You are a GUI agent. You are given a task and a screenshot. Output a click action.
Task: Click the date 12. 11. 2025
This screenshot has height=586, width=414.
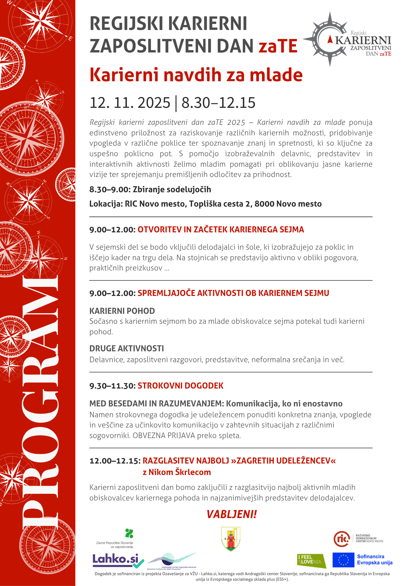click(130, 103)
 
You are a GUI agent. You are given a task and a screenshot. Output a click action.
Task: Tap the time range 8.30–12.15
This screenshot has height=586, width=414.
click(218, 103)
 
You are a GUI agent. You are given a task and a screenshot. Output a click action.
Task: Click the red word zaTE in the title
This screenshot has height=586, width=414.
click(278, 46)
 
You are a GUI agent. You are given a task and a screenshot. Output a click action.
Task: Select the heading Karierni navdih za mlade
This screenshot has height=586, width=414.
click(196, 75)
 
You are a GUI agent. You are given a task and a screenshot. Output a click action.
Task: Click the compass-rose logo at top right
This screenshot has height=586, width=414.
click(329, 39)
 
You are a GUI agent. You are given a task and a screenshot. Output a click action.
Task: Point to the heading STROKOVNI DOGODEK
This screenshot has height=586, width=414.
click(180, 386)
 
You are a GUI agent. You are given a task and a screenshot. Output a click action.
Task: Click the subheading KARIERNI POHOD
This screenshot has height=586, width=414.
click(122, 311)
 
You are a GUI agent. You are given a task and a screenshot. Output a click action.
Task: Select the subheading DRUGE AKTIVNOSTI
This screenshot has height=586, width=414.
click(126, 348)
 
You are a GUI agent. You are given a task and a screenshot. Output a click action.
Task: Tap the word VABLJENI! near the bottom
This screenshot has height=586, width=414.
click(231, 514)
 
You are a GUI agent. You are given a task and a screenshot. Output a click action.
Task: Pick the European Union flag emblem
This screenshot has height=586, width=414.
click(343, 560)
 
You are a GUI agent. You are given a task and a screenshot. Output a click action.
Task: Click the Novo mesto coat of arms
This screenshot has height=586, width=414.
click(231, 539)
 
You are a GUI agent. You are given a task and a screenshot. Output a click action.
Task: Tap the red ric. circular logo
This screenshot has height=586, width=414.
click(342, 539)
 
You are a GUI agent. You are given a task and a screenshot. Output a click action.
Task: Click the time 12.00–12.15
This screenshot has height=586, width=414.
click(115, 461)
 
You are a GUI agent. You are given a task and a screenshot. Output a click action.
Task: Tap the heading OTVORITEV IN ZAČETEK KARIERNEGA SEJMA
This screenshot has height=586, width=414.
click(220, 229)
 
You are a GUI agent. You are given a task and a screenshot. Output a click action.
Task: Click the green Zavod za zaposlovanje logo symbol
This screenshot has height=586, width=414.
click(129, 533)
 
